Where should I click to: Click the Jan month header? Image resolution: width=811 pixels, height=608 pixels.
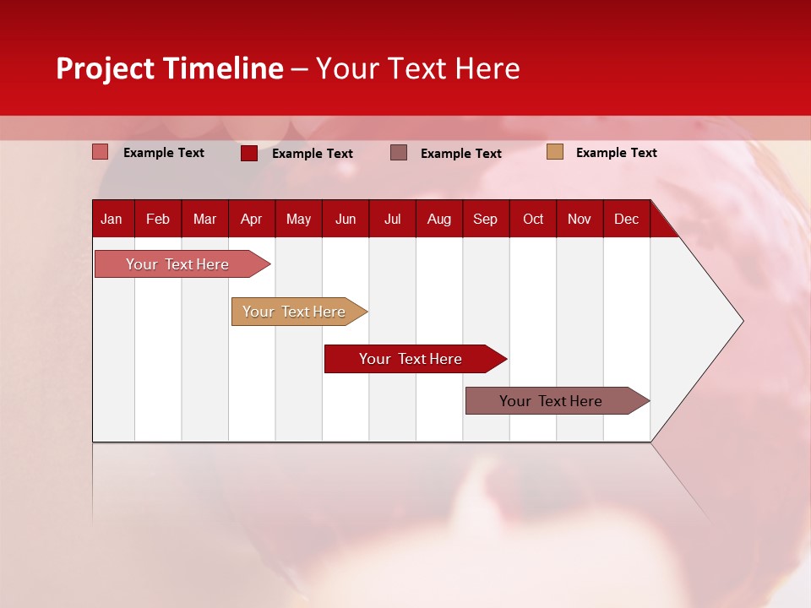click(112, 220)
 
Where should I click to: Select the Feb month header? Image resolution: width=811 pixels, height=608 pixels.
click(158, 220)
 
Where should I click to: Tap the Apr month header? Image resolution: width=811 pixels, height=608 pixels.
click(252, 220)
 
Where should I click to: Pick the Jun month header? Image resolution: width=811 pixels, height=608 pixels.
click(346, 220)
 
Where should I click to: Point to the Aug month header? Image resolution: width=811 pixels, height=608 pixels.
click(439, 220)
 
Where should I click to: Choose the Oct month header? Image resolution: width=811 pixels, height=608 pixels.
click(533, 220)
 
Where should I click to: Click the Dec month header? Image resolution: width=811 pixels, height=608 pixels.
click(627, 220)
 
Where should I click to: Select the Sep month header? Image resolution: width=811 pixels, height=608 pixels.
click(486, 220)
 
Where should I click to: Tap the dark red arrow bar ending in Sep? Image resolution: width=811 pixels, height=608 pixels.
click(412, 359)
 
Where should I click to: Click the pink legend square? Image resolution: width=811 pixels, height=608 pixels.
click(101, 152)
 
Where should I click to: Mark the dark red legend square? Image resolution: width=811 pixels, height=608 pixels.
click(249, 153)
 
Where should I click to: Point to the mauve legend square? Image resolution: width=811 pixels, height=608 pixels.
click(399, 153)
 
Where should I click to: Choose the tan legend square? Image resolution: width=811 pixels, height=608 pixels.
click(554, 152)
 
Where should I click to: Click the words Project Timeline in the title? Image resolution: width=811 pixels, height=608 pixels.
click(170, 68)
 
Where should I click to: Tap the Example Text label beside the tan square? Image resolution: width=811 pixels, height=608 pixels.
click(616, 153)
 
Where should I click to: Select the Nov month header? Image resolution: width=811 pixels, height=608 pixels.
click(580, 220)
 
